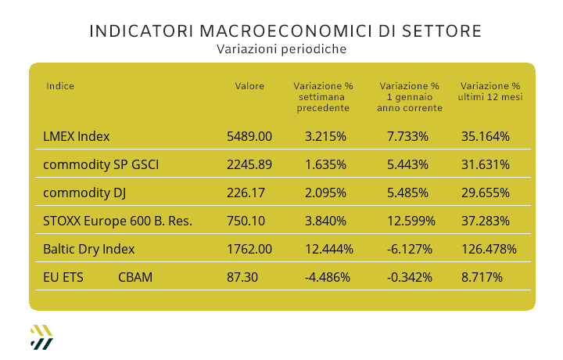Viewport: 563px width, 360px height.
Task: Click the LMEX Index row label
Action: point(77,136)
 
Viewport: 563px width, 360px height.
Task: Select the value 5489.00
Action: point(249,136)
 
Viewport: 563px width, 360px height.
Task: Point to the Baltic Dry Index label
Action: point(89,249)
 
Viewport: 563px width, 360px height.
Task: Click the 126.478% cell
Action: point(489,249)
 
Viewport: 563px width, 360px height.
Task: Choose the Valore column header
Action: point(249,86)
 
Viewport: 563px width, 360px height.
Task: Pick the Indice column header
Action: point(60,86)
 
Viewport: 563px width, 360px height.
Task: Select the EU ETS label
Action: point(63,277)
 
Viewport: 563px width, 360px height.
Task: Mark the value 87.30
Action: point(242,277)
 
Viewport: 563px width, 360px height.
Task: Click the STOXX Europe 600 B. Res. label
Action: point(118,221)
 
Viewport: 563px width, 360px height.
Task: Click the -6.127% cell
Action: point(407,249)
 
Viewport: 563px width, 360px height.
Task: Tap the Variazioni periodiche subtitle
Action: point(281,49)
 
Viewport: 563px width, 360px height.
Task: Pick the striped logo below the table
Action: point(41,336)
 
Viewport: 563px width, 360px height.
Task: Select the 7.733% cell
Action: point(407,136)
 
